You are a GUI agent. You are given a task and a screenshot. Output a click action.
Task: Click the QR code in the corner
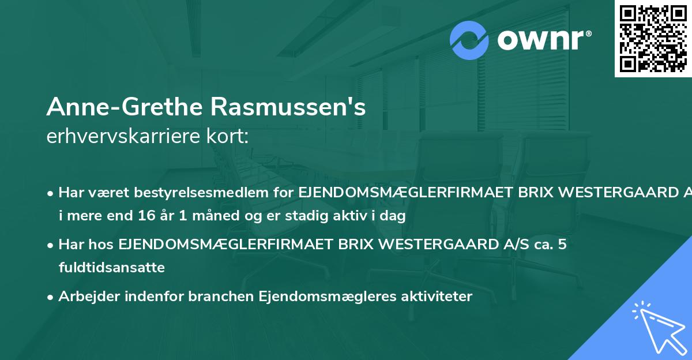(x=653, y=38)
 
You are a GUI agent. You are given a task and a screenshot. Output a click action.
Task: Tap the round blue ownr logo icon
(x=469, y=40)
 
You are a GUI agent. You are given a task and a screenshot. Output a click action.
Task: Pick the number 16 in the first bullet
(x=155, y=216)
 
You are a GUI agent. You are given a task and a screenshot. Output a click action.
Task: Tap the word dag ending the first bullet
(x=394, y=216)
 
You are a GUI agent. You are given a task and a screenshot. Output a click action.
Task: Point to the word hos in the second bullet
(x=103, y=245)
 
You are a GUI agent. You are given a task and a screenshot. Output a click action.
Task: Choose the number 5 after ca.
(x=562, y=245)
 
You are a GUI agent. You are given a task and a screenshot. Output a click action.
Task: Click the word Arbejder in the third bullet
(x=85, y=297)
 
